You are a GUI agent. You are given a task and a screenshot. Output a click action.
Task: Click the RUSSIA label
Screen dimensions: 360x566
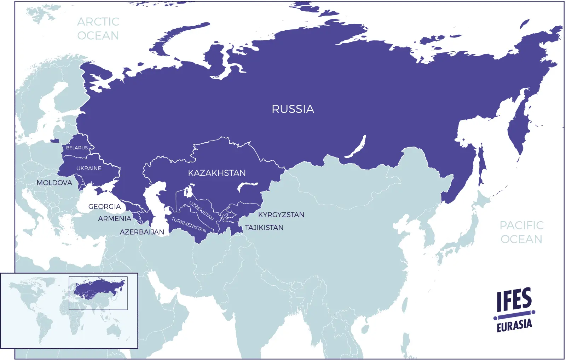pyautogui.click(x=293, y=109)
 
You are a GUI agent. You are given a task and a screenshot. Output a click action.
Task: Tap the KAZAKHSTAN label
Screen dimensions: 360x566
pyautogui.click(x=216, y=173)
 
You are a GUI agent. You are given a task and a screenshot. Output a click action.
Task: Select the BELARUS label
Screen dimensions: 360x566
pyautogui.click(x=77, y=148)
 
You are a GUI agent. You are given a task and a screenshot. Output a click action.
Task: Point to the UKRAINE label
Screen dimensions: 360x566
pyautogui.click(x=89, y=168)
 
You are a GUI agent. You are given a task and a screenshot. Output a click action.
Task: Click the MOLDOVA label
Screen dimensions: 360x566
pyautogui.click(x=54, y=183)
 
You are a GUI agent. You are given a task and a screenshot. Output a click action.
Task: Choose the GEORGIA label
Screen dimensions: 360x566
pyautogui.click(x=104, y=206)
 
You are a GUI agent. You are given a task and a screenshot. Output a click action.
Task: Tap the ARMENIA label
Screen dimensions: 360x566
pyautogui.click(x=115, y=219)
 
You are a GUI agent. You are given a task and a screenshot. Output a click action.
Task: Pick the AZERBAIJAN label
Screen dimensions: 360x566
pyautogui.click(x=142, y=232)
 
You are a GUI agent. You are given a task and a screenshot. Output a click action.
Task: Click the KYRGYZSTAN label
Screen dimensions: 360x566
pyautogui.click(x=281, y=215)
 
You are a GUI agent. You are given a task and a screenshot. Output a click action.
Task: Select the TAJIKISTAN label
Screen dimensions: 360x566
pyautogui.click(x=264, y=228)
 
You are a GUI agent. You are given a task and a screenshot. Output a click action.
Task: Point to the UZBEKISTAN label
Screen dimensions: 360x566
pyautogui.click(x=201, y=210)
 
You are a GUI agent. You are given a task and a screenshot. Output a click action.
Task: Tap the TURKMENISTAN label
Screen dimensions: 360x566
pyautogui.click(x=189, y=225)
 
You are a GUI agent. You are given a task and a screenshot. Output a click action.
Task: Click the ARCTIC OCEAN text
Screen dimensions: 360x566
pyautogui.click(x=98, y=29)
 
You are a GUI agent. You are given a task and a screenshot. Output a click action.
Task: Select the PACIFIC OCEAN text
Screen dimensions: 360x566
pyautogui.click(x=521, y=232)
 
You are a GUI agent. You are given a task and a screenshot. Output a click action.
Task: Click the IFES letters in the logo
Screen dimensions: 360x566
pyautogui.click(x=514, y=299)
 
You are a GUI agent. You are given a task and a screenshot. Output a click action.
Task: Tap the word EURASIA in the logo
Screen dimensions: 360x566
pyautogui.click(x=514, y=325)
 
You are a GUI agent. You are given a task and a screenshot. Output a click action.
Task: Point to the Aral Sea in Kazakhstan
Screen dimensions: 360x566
pyautogui.click(x=188, y=192)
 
